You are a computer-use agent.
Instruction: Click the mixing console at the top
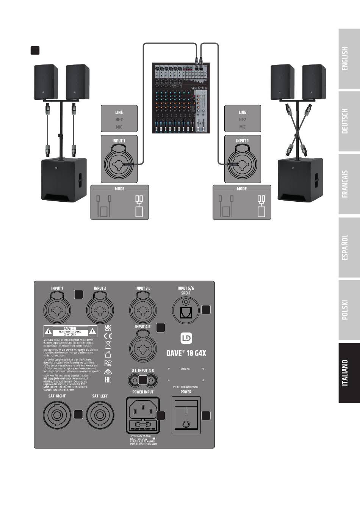(x=181, y=98)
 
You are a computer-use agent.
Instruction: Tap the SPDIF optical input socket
(x=186, y=312)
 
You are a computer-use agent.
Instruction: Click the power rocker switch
(x=186, y=415)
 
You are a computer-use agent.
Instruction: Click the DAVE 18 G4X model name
(x=186, y=353)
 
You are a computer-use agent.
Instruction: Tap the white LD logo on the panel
(x=186, y=338)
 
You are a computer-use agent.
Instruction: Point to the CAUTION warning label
(x=70, y=331)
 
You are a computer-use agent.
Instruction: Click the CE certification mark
(x=108, y=336)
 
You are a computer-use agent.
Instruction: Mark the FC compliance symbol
(x=108, y=363)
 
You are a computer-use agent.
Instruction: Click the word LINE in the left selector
(x=119, y=112)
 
